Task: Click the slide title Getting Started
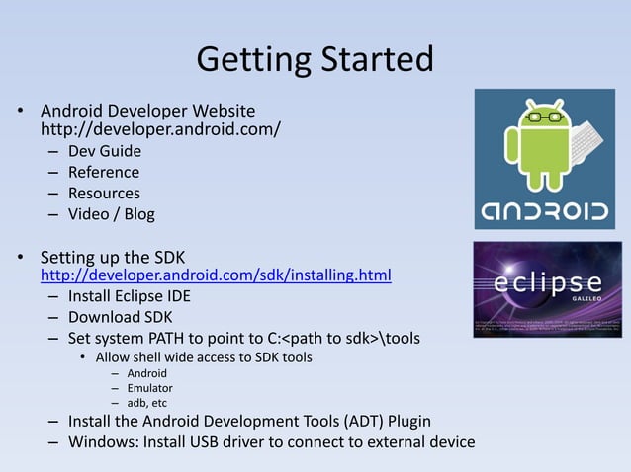[x=315, y=59]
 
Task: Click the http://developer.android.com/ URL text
[x=160, y=129]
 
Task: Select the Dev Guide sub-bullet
[x=105, y=151]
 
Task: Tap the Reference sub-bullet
[x=104, y=172]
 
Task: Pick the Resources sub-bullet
[x=104, y=193]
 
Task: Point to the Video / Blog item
[x=112, y=213]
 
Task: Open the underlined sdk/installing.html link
[x=216, y=274]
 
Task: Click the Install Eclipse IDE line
[x=130, y=295]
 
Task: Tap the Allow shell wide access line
[x=204, y=356]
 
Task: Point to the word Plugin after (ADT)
[x=405, y=421]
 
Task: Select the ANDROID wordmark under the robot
[x=545, y=209]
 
